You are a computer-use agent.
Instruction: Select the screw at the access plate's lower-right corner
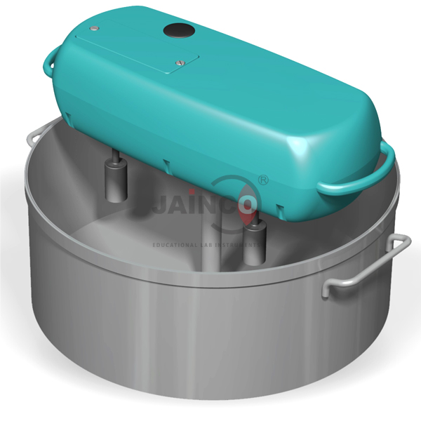pos(180,64)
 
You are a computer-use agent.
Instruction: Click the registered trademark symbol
pos(263,181)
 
